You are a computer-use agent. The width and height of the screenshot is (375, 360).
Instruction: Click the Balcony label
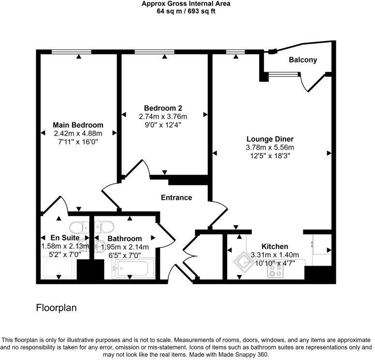(303, 60)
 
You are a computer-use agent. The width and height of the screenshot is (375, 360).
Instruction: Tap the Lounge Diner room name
(270, 139)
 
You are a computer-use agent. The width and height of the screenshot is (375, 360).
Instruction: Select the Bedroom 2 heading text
(163, 108)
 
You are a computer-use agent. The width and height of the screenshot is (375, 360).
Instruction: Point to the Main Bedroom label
(78, 125)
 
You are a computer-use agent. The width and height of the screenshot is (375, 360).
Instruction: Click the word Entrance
(176, 197)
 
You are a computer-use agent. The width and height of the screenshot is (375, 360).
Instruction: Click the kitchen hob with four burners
(275, 272)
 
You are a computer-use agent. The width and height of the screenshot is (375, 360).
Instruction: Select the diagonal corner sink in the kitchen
(243, 262)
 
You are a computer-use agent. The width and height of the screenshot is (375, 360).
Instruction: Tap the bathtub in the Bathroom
(133, 268)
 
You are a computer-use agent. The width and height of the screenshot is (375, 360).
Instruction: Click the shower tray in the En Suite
(58, 268)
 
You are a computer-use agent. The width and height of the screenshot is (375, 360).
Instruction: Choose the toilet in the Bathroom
(105, 227)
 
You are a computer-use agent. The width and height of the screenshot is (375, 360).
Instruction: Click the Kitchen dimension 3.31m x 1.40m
(274, 255)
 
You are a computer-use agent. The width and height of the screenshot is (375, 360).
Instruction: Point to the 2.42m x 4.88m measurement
(78, 134)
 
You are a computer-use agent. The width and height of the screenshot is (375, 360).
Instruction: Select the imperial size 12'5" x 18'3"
(270, 156)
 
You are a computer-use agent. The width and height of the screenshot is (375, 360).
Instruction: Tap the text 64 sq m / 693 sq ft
(186, 11)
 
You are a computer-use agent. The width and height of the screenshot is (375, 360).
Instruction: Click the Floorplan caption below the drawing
(57, 308)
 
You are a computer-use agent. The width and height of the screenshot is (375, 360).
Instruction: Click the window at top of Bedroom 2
(148, 51)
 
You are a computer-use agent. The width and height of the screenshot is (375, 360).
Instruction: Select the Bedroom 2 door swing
(138, 169)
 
